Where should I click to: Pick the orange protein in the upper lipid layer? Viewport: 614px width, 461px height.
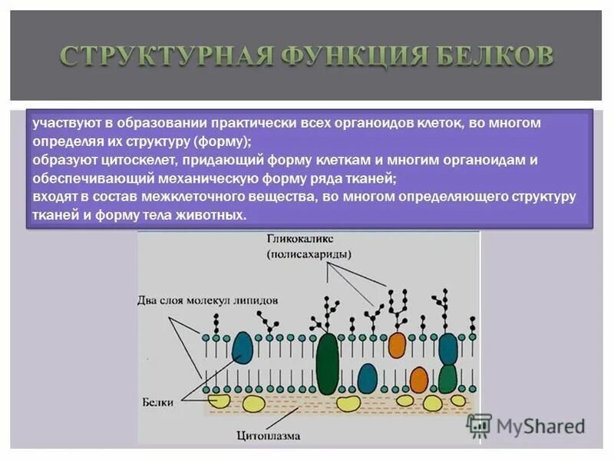click(x=397, y=345)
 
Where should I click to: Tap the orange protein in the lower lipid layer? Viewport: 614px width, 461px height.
click(x=418, y=380)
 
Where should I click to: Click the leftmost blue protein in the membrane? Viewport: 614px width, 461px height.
click(x=243, y=347)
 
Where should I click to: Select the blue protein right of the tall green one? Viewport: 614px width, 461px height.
click(x=368, y=378)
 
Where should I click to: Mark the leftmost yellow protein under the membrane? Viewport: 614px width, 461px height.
click(x=218, y=400)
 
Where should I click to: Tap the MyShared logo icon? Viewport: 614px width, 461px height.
click(x=480, y=425)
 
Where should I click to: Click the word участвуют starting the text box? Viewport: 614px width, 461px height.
click(x=58, y=124)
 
